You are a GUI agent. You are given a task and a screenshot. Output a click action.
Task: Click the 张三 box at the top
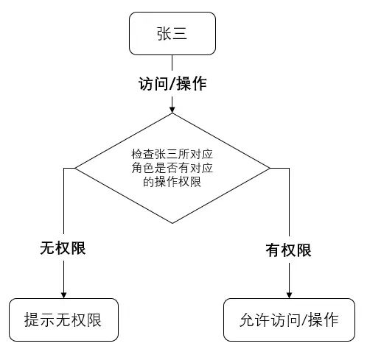tap(172, 34)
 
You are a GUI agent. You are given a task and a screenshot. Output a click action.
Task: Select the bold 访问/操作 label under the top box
tap(172, 83)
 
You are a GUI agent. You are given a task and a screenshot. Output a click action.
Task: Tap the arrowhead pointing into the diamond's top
tap(172, 110)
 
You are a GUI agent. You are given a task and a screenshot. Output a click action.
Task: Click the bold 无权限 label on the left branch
tap(63, 248)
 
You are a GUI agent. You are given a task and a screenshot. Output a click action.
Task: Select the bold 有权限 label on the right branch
tap(288, 250)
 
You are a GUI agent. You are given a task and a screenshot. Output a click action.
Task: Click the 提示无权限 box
tap(63, 320)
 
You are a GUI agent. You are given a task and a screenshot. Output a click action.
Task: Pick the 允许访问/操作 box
tap(289, 320)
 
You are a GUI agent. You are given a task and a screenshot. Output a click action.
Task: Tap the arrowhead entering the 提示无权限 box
tap(63, 294)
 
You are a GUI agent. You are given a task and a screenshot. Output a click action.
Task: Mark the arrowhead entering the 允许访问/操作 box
tap(288, 294)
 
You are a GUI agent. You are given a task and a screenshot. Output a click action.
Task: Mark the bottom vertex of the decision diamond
tap(172, 223)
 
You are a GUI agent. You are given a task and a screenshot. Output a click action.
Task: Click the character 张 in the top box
tap(164, 34)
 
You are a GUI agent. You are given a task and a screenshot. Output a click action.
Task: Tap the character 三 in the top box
tap(181, 34)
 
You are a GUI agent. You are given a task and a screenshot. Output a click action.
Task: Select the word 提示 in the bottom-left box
tap(40, 320)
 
